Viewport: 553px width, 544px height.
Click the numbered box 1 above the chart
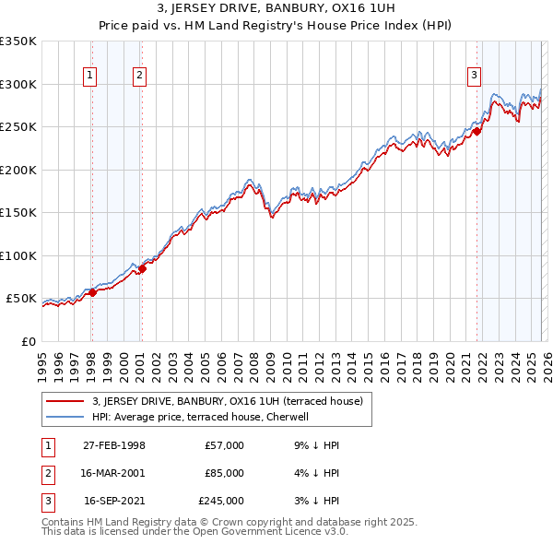(x=91, y=77)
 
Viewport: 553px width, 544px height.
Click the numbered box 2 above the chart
(x=140, y=77)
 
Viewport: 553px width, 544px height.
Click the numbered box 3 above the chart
(x=474, y=77)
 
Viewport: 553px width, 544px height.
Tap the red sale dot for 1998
(x=92, y=292)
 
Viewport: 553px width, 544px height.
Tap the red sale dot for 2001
(x=142, y=268)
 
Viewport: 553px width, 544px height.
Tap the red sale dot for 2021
(x=477, y=131)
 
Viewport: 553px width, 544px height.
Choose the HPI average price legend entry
(x=203, y=417)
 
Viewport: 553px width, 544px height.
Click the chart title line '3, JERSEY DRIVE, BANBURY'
(x=276, y=10)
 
